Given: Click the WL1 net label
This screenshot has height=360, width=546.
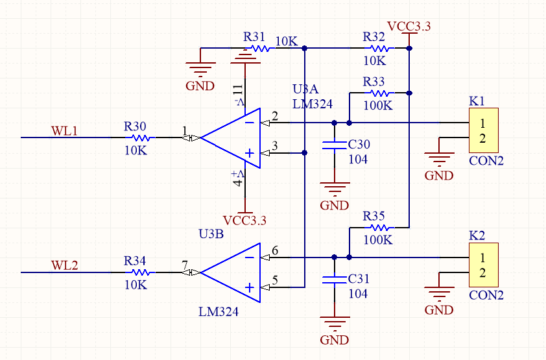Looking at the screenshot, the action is click(64, 130).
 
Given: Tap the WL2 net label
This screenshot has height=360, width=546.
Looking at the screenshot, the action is click(64, 265).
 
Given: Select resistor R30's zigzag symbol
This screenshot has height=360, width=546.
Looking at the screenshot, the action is click(140, 138).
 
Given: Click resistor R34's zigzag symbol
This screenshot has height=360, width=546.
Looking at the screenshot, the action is click(140, 272).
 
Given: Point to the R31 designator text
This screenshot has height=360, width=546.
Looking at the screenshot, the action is click(254, 36).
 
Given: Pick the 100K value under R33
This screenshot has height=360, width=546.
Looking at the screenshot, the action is click(378, 105).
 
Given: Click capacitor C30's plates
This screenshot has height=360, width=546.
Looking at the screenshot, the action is click(335, 145).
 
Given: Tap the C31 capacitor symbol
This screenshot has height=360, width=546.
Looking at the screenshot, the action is click(335, 280).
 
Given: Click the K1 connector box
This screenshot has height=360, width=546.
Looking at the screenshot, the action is click(484, 130).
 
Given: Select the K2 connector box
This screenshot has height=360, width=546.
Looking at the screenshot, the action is click(484, 265).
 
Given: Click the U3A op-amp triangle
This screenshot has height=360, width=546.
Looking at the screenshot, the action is click(230, 138).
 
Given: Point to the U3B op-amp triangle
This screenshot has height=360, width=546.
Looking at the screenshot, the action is click(230, 272).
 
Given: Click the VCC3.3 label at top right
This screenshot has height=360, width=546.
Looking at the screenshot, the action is click(409, 27).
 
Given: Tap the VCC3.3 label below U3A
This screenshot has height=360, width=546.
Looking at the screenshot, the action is click(244, 221).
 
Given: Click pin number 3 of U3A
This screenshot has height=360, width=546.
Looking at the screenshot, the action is click(275, 145).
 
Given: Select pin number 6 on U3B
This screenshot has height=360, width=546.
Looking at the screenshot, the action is click(275, 250).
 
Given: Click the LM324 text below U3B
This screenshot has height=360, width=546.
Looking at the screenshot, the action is click(219, 311).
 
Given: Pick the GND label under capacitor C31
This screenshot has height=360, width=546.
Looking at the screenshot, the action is click(335, 340).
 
